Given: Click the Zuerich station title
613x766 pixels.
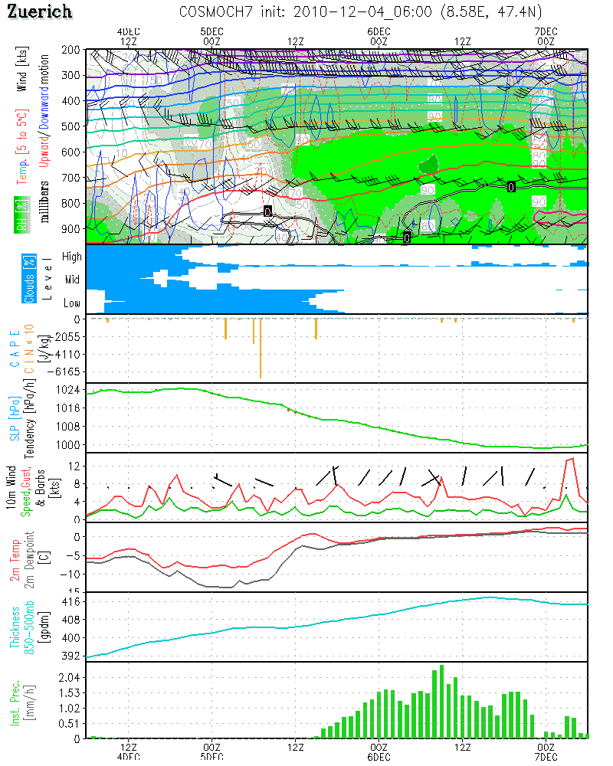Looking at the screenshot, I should coord(40,11).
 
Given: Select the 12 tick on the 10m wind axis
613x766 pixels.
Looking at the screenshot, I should coord(74,466).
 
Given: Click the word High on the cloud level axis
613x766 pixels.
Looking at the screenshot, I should coord(72,257).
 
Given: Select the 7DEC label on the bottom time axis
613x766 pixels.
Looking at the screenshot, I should coord(546,757).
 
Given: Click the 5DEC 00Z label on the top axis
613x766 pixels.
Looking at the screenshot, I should coord(212,35).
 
